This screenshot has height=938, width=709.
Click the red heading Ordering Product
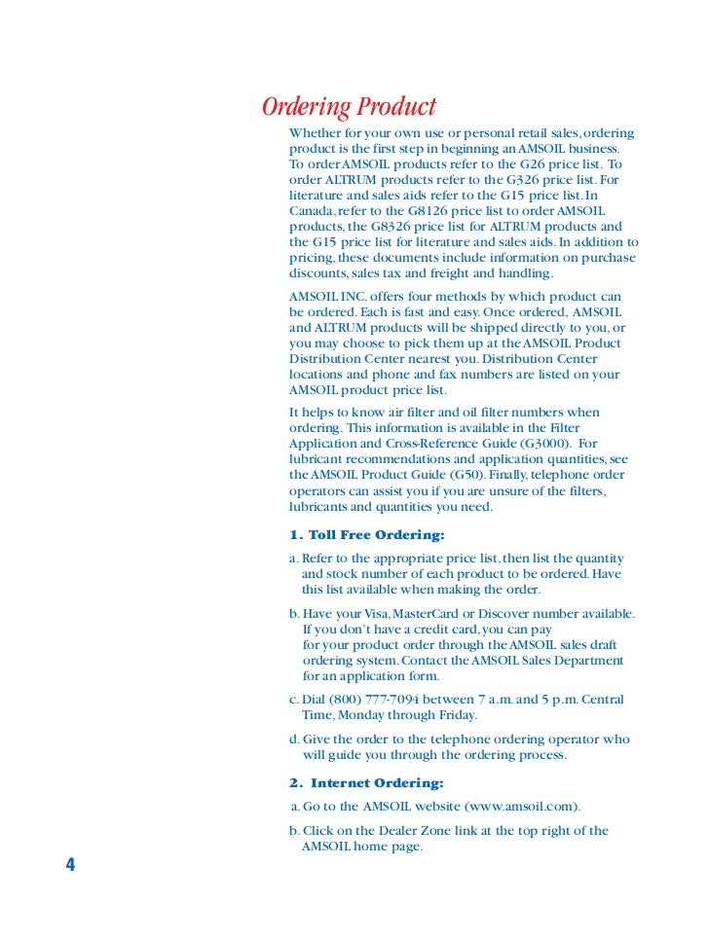(x=350, y=106)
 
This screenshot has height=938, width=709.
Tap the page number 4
(x=70, y=865)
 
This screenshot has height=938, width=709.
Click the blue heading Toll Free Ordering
(x=367, y=535)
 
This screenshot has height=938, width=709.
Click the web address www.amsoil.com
(x=521, y=807)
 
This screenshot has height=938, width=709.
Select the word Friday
(x=454, y=715)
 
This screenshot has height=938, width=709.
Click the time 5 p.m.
(x=550, y=700)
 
